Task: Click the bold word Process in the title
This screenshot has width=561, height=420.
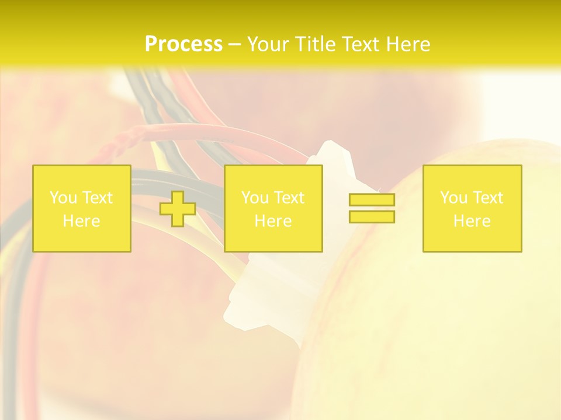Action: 183,44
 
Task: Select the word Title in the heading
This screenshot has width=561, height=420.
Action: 316,44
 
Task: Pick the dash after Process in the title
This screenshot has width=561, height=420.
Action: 235,44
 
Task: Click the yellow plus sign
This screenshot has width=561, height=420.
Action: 178,209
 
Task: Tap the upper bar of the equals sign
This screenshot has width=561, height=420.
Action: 372,200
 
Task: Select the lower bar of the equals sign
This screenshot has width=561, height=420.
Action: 372,217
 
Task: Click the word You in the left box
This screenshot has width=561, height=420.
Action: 63,198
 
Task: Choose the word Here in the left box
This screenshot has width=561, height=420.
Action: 81,221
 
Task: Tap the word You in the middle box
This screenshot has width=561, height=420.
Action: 255,198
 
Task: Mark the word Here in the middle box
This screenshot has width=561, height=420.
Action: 273,221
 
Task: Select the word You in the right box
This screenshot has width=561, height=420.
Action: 453,198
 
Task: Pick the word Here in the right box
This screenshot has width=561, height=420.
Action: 472,221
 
